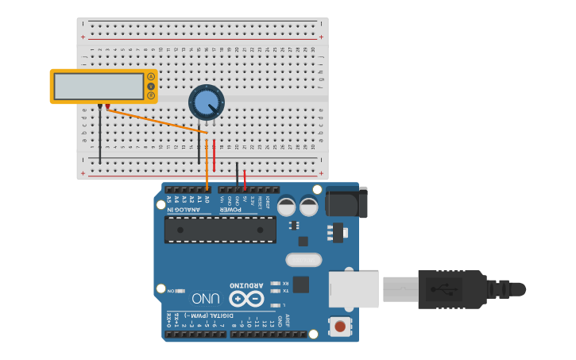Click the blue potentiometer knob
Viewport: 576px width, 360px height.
point(207,102)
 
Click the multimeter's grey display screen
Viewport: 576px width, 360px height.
point(99,87)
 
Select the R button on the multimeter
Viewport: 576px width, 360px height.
point(151,95)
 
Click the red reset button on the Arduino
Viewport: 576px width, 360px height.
point(340,326)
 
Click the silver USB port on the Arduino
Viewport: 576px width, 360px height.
point(354,289)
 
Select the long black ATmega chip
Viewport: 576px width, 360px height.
point(220,230)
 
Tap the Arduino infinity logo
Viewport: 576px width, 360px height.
point(246,299)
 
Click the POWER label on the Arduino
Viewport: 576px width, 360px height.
point(230,210)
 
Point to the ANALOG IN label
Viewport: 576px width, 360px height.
point(186,210)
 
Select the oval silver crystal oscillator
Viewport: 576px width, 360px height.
point(303,260)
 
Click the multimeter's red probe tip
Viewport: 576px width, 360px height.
point(108,106)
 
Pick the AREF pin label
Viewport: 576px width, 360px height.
point(288,320)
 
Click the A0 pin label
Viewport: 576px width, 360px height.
point(207,199)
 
